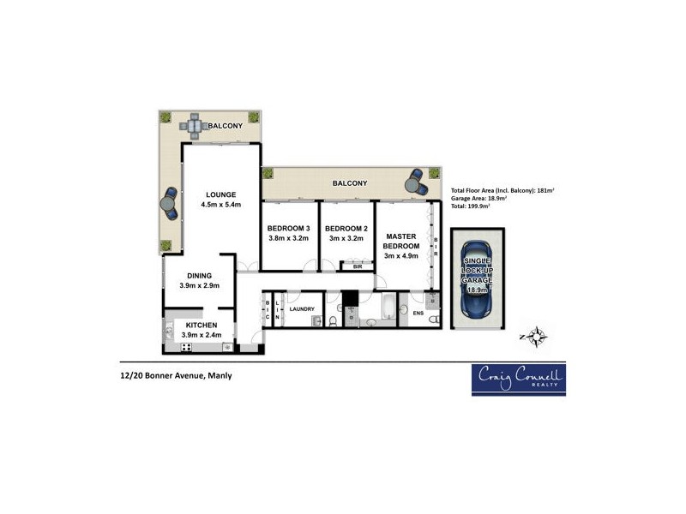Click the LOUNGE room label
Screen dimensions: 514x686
[x=220, y=194]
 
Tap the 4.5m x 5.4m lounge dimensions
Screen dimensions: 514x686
[x=220, y=206]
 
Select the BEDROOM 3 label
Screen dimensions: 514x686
[x=288, y=228]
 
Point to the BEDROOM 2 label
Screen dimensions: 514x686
[x=346, y=228]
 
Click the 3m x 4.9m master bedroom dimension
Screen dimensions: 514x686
[x=401, y=256]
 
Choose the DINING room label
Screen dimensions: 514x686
[x=200, y=274]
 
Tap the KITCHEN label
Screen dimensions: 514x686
[x=200, y=326]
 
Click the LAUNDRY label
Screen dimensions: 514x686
[x=302, y=309]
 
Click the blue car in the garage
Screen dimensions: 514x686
[x=476, y=276]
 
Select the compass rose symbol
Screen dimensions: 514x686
[x=537, y=337]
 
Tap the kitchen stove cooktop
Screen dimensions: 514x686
[x=186, y=347]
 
